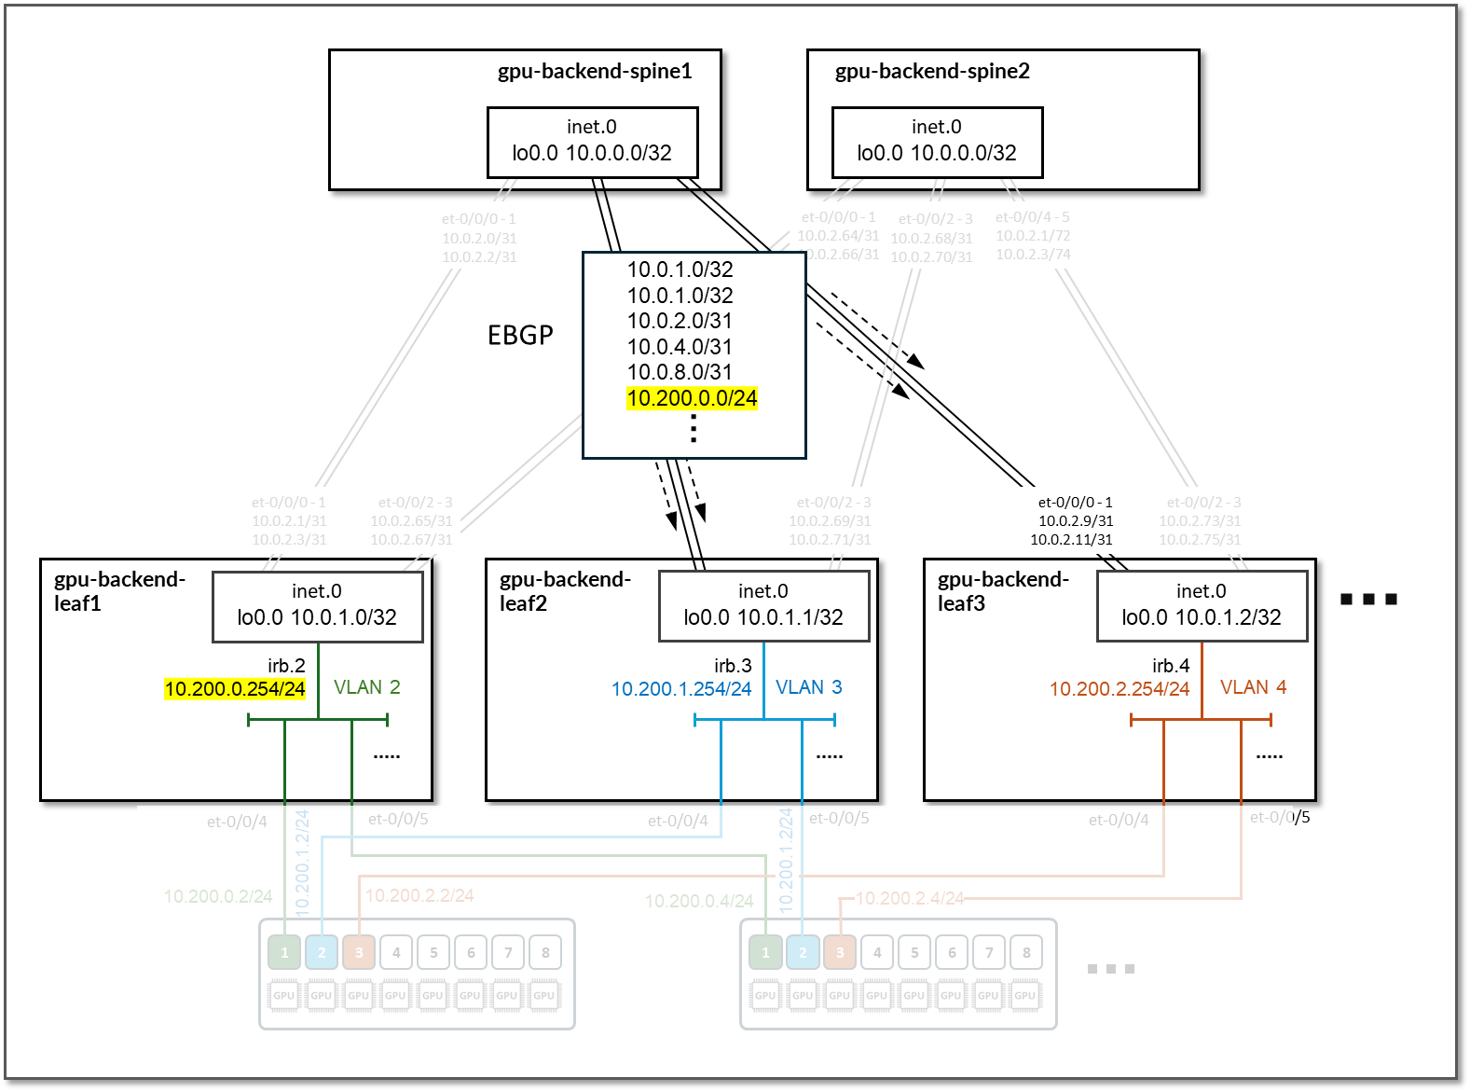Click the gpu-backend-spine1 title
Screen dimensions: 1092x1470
(x=595, y=72)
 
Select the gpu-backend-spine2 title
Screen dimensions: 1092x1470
(x=932, y=72)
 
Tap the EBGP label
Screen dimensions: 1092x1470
(x=520, y=335)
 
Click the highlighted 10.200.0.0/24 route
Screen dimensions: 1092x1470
(x=692, y=398)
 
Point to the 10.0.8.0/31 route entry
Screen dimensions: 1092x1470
(x=680, y=372)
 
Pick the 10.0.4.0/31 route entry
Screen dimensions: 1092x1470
(x=680, y=347)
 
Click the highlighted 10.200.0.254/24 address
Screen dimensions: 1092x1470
(x=235, y=689)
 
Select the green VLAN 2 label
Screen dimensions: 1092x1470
(x=366, y=687)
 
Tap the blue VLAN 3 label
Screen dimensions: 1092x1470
(x=808, y=687)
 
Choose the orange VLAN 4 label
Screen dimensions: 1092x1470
(x=1253, y=687)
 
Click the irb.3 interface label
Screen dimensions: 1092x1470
(x=733, y=666)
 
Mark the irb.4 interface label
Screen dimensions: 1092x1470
(x=1171, y=666)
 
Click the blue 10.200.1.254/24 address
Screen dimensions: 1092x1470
(x=681, y=689)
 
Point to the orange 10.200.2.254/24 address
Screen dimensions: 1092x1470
(x=1120, y=689)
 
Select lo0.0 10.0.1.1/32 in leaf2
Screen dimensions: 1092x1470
(x=763, y=617)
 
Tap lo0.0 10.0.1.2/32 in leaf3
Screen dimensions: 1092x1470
(x=1202, y=617)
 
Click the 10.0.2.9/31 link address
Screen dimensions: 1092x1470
(x=1076, y=521)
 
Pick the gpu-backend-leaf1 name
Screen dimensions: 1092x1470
(x=119, y=591)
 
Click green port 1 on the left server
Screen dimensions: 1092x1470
(x=284, y=952)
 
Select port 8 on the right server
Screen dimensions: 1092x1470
(x=1026, y=952)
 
